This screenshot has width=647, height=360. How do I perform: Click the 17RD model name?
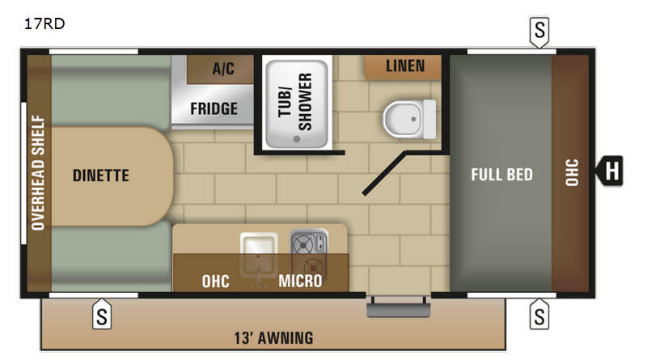44,23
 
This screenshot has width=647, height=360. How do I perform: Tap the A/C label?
223,68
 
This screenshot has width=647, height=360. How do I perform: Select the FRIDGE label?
214,108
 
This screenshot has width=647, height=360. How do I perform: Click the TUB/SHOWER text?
294,102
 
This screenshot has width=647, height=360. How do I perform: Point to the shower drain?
297,139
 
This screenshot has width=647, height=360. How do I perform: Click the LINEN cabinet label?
405,66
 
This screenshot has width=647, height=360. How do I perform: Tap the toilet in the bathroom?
409,119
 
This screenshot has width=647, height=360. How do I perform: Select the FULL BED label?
501,175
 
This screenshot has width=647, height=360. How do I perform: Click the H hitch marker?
610,171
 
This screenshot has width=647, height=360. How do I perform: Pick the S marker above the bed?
539,32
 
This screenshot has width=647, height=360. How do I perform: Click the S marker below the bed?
539,315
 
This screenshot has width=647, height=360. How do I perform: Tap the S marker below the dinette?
102,315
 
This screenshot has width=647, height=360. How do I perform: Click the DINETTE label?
100,176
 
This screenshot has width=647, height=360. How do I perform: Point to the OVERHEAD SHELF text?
38,172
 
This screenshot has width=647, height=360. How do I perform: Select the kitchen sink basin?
259,254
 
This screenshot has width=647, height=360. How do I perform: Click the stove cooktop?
309,252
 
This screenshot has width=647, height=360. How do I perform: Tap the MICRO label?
300,282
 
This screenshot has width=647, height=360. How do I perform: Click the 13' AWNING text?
273,338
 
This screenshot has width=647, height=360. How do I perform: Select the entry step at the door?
398,307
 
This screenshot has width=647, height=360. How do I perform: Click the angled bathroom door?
384,172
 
